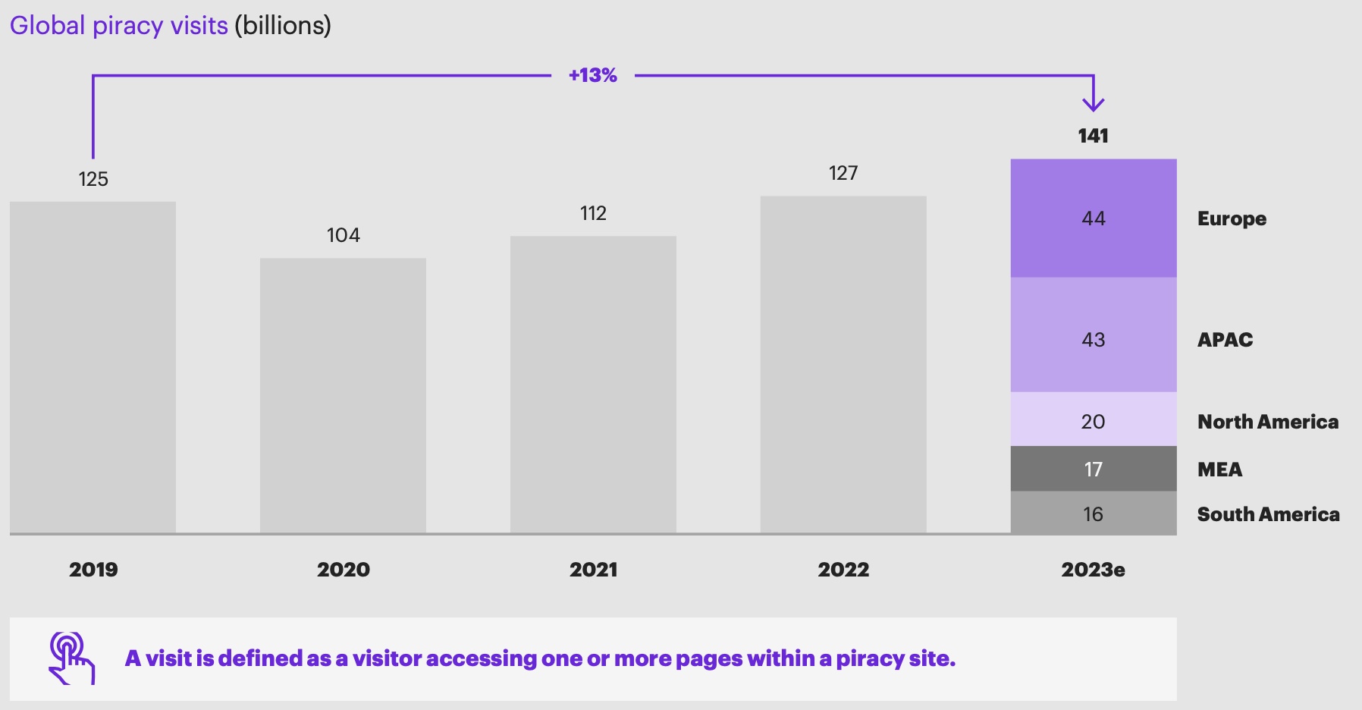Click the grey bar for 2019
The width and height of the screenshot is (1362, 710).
[x=93, y=367]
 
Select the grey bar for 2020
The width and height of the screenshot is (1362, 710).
[x=343, y=395]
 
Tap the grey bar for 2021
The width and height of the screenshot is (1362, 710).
[x=593, y=385]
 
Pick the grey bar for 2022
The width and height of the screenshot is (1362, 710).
[x=843, y=365]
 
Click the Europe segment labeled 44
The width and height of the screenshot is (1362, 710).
[x=1094, y=218]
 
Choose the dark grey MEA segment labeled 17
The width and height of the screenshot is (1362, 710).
[x=1094, y=469]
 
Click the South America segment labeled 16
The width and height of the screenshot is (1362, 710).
[x=1094, y=514]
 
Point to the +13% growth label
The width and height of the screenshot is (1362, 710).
[x=593, y=75]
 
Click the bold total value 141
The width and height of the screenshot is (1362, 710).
[x=1093, y=136]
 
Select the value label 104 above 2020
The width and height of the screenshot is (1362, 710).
[x=343, y=235]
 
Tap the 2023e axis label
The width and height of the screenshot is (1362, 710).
[x=1093, y=570]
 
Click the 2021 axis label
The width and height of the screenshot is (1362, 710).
[x=593, y=570]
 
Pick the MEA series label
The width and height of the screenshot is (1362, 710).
[x=1219, y=470]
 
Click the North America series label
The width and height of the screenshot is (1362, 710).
[x=1267, y=422]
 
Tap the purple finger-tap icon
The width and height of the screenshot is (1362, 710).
[x=71, y=658]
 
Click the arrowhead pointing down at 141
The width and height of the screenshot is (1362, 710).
[x=1093, y=105]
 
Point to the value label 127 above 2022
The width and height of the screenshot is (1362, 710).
[x=843, y=173]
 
